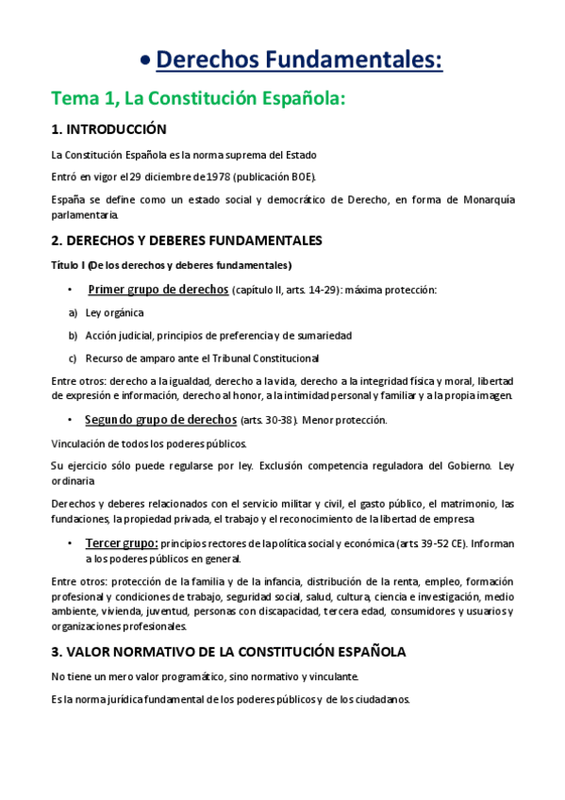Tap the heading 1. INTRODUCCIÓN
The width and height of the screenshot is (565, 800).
click(x=108, y=129)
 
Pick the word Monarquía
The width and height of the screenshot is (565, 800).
click(x=481, y=199)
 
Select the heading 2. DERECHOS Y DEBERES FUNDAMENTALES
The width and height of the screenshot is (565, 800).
click(x=187, y=241)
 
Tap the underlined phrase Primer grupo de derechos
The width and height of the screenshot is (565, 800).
click(x=158, y=289)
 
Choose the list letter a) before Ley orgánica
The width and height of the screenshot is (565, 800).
click(x=73, y=312)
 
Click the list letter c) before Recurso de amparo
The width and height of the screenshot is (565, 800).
click(x=73, y=358)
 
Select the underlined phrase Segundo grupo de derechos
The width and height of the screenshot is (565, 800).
click(x=155, y=419)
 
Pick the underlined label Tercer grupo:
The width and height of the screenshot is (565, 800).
click(x=122, y=543)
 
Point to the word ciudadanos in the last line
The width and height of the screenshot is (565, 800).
click(x=380, y=699)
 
